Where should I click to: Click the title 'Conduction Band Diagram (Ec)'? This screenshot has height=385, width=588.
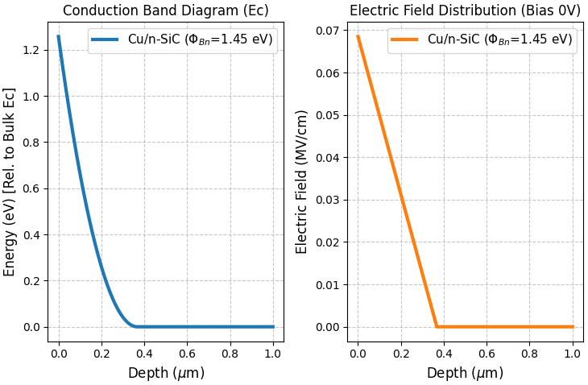pyautogui.click(x=166, y=10)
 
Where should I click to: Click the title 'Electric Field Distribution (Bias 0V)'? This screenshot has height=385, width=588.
pyautogui.click(x=466, y=10)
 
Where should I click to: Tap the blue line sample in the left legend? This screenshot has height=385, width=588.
pyautogui.click(x=106, y=39)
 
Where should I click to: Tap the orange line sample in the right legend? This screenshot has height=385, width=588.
pyautogui.click(x=405, y=39)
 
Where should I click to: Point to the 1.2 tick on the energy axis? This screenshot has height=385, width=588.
pyautogui.click(x=31, y=50)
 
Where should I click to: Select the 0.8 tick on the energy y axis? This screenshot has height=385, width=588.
pyautogui.click(x=31, y=143)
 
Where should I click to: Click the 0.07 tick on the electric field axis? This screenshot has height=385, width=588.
pyautogui.click(x=327, y=31)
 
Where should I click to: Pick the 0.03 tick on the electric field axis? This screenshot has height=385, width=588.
pyautogui.click(x=327, y=200)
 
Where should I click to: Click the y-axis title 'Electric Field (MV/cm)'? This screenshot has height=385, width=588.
pyautogui.click(x=302, y=181)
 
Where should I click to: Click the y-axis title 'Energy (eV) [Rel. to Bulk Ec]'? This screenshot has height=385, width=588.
pyautogui.click(x=10, y=181)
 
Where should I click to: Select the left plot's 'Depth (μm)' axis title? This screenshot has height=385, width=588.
pyautogui.click(x=166, y=373)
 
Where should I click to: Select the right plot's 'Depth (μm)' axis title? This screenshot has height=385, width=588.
pyautogui.click(x=466, y=373)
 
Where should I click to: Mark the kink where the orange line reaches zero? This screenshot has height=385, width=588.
pyautogui.click(x=437, y=326)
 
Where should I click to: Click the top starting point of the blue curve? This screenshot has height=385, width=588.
pyautogui.click(x=58, y=36)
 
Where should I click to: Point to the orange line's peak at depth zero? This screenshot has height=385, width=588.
pyautogui.click(x=358, y=36)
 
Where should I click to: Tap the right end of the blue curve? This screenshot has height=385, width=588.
pyautogui.click(x=273, y=326)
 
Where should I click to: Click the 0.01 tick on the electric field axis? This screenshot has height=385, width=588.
pyautogui.click(x=327, y=284)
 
